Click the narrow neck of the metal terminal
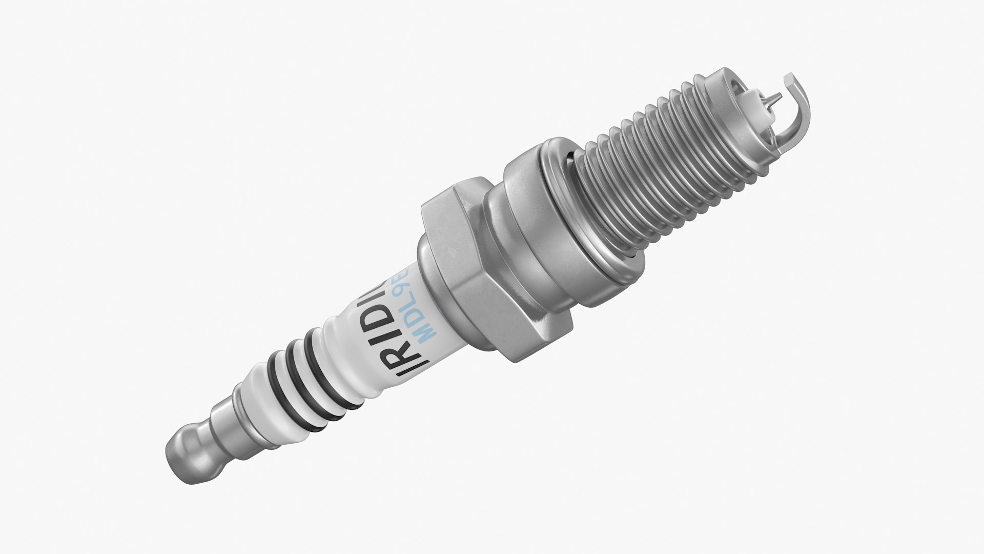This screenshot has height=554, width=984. (218, 421)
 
